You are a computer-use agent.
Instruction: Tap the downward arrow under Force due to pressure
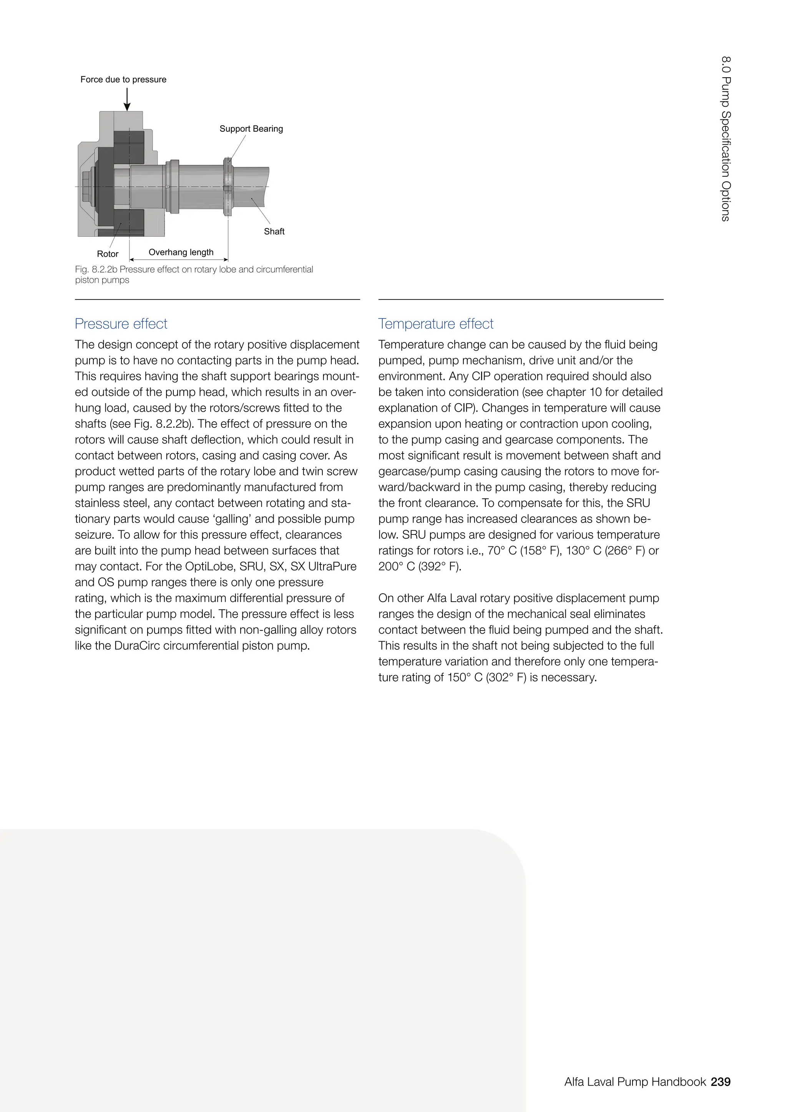pos(127,99)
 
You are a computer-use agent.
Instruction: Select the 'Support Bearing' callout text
pos(251,129)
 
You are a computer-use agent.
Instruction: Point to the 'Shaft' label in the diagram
pos(274,232)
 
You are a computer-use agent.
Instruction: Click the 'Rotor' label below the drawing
pos(108,254)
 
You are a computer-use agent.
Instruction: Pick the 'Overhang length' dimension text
pos(181,252)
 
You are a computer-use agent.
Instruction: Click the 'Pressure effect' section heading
pos(121,324)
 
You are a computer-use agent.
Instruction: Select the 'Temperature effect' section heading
pos(436,324)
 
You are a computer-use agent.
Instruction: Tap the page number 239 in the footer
pos(721,1082)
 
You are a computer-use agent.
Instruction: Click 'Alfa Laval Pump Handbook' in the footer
pos(635,1082)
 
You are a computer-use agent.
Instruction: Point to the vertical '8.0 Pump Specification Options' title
pos(726,139)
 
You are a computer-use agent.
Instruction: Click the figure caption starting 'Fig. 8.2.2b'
pos(194,274)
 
